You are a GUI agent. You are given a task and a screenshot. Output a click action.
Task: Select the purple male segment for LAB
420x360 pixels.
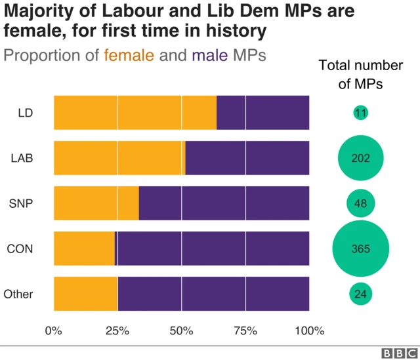coord(247,157)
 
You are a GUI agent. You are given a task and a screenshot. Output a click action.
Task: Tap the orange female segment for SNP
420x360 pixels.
coord(96,203)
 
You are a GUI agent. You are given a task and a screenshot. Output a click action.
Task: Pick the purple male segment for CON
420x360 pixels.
coord(213,248)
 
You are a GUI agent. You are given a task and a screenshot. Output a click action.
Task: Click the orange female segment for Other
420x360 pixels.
coord(85,294)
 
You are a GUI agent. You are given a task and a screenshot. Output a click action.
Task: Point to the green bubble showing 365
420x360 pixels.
coord(360,249)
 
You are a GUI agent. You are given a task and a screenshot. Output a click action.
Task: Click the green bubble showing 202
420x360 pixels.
coord(360,158)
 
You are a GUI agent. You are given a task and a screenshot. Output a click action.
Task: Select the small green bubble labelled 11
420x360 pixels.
coord(360,113)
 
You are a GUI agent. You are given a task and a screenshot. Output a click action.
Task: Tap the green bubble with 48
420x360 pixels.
coord(360,203)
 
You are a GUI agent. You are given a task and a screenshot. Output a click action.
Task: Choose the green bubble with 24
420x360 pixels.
coord(360,294)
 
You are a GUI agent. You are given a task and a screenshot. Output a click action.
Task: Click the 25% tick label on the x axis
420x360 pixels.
coord(117,330)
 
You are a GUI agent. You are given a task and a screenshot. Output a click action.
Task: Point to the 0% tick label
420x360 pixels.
coord(53,330)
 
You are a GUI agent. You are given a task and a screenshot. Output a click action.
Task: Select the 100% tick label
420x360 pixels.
coord(309,330)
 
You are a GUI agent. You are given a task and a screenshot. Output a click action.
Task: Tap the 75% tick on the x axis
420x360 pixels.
coord(245,330)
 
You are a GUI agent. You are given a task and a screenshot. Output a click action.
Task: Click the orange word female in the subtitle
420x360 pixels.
coord(129,55)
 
